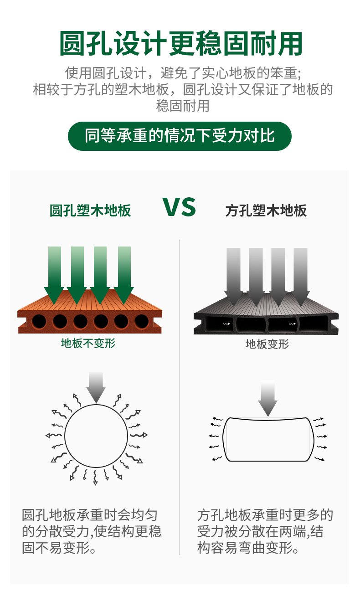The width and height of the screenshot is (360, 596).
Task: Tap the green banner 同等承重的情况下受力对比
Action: (180, 136)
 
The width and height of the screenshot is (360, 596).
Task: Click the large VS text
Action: (179, 207)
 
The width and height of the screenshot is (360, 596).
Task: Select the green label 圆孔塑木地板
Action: (90, 211)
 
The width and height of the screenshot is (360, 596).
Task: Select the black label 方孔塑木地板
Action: (266, 211)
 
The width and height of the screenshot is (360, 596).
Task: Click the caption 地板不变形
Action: (88, 343)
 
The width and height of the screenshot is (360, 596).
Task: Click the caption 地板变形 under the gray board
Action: (267, 344)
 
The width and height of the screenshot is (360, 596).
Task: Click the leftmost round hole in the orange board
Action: (39, 322)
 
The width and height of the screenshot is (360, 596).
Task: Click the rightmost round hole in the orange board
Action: (141, 321)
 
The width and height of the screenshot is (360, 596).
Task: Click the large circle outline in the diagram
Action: (96, 435)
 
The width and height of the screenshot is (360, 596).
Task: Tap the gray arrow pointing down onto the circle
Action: (96, 387)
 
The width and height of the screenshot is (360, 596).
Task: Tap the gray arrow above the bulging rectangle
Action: (267, 397)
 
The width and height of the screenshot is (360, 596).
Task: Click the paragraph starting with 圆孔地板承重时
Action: (92, 531)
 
